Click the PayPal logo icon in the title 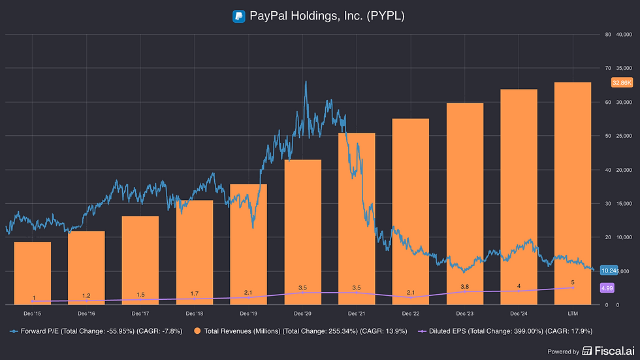238,16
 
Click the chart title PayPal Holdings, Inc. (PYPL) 327,16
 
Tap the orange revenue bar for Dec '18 195,252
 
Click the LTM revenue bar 573,193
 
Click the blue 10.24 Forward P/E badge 609,270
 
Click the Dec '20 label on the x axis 303,314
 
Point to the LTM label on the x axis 573,314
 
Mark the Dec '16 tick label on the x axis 87,314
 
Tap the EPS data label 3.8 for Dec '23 465,286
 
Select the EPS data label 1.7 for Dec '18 195,293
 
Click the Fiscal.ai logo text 610,352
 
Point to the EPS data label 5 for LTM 573,282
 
